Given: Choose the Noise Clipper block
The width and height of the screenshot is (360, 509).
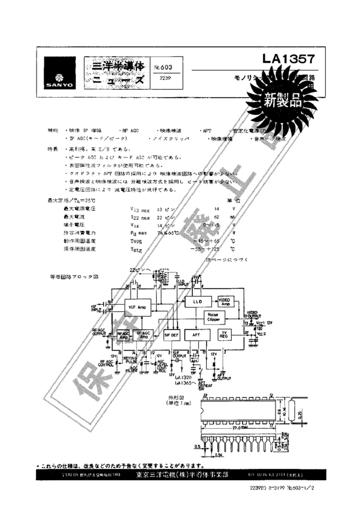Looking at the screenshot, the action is coord(213,317).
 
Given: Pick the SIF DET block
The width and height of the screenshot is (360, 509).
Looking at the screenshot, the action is coord(171,336).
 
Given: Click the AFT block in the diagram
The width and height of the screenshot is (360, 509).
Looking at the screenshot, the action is coord(195,336).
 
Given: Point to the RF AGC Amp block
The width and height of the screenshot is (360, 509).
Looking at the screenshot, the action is coord(123,336).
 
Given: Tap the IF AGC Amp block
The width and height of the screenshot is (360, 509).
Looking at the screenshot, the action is coord(143,336).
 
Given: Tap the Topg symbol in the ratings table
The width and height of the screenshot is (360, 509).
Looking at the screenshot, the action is coord(136,238).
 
